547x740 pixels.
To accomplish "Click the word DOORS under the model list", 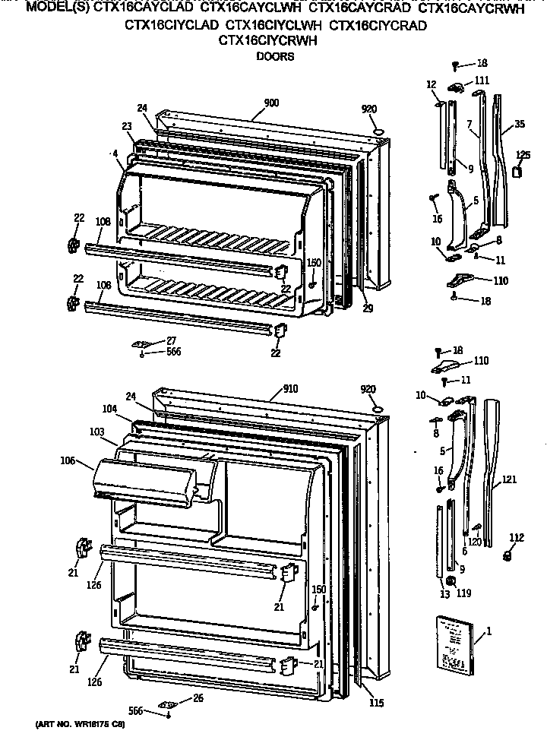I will click(x=274, y=56).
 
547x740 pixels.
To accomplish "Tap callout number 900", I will click(x=271, y=103).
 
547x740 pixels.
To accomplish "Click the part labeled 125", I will click(x=519, y=172).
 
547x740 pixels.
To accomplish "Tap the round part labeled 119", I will click(x=451, y=581).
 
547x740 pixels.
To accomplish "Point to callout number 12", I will click(x=431, y=84).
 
